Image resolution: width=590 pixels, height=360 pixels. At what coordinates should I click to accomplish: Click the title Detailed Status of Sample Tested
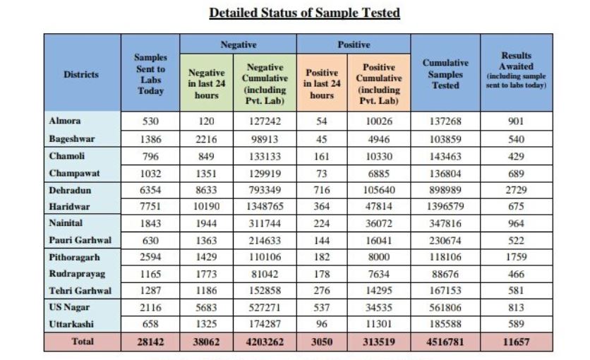point(304,13)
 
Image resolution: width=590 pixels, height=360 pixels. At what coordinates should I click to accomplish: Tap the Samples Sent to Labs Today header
point(150,73)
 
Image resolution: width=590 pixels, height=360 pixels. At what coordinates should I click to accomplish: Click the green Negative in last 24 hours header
point(206,84)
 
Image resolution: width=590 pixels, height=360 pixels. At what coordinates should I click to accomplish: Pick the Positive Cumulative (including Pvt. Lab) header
point(378,84)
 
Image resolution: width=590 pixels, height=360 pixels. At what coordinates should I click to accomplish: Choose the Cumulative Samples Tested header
point(445,73)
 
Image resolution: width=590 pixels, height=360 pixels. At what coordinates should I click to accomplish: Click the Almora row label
point(65,121)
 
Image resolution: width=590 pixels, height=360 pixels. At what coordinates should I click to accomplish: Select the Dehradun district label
point(70,190)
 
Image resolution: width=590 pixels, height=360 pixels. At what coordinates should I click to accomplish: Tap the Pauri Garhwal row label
point(80,240)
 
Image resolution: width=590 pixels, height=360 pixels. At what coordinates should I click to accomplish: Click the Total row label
point(83,342)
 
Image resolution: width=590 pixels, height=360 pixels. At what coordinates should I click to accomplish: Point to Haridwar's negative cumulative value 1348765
point(265,207)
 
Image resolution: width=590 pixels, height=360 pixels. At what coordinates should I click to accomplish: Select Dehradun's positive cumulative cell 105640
point(378,190)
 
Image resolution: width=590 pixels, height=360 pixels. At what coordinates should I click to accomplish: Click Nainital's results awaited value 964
point(515,223)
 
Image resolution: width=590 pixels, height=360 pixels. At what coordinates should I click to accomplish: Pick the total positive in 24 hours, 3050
point(322,342)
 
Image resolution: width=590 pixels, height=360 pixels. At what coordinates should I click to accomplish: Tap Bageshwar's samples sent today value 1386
point(150,139)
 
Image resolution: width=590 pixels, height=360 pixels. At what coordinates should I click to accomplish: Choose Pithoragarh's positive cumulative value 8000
point(378,258)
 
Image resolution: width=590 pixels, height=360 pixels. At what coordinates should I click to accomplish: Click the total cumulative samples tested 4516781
point(445,342)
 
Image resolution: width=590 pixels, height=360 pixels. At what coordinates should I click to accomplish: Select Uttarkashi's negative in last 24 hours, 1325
point(206,324)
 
